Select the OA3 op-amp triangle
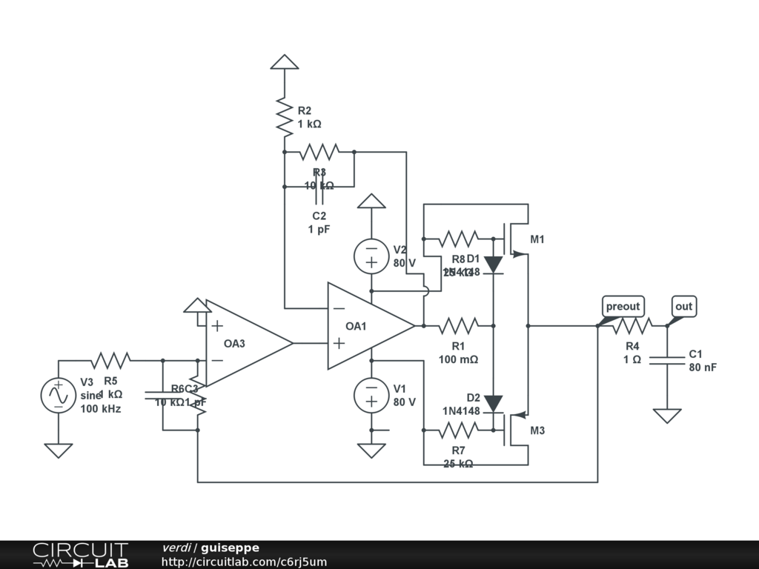(245, 342)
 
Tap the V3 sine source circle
(58, 395)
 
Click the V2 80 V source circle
(371, 256)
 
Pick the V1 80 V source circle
(371, 394)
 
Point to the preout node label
(622, 307)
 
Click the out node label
(683, 307)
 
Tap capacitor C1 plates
(667, 360)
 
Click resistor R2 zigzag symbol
(284, 115)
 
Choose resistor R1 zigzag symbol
(459, 325)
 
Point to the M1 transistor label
(537, 239)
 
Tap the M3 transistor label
(537, 430)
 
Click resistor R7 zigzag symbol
(459, 430)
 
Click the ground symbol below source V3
(58, 450)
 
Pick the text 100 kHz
(101, 408)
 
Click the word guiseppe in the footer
(230, 548)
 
